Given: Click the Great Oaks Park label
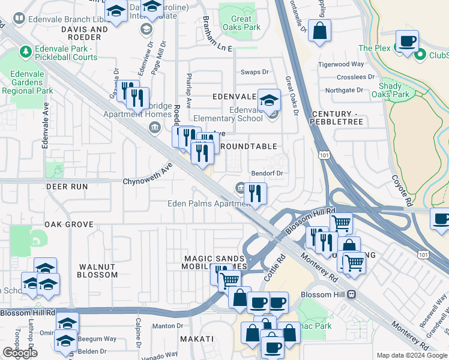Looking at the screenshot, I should [x=246, y=23].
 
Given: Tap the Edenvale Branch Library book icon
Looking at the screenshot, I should [x=19, y=19].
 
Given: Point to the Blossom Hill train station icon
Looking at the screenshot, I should [x=352, y=295].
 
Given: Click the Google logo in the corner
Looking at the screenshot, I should [x=20, y=353].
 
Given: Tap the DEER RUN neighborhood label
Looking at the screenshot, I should [x=67, y=187].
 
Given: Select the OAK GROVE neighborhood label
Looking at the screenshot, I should [x=68, y=224].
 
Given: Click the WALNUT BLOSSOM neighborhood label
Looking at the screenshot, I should [x=97, y=270].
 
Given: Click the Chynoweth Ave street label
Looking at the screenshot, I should [x=148, y=173].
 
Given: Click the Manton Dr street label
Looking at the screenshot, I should [x=163, y=326].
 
